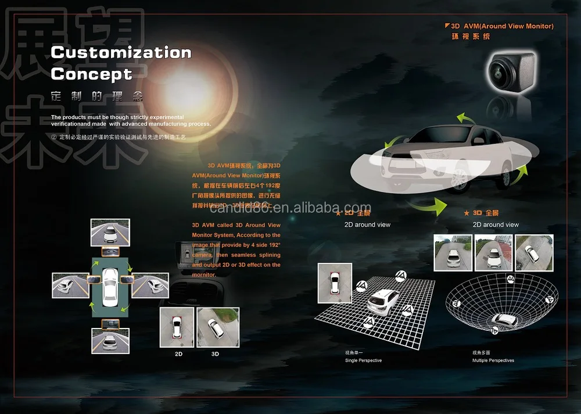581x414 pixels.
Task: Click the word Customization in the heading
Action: click(121, 52)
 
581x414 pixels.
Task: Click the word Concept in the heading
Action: click(91, 74)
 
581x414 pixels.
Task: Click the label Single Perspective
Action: click(363, 361)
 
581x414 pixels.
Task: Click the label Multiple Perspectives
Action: click(493, 361)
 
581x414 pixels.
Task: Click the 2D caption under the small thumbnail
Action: click(179, 354)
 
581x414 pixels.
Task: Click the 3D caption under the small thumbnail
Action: click(215, 354)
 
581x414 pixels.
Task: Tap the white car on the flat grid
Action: click(382, 301)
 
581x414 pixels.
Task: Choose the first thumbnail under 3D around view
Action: click(453, 253)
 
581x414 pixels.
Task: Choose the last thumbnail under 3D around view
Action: click(534, 253)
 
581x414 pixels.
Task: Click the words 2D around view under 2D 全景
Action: click(367, 224)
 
